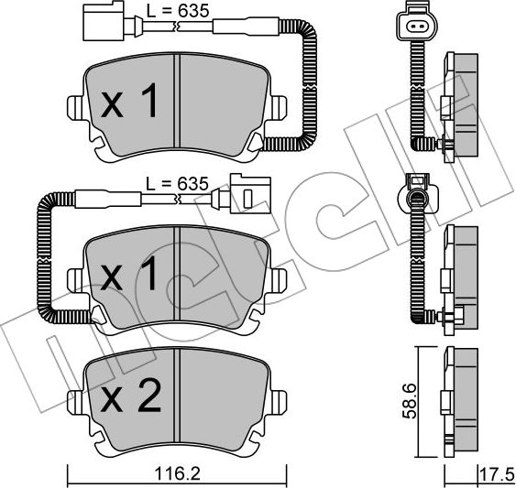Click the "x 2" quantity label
tap(131, 397)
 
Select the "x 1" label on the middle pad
tap(130, 273)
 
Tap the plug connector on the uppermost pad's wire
tap(96, 24)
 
